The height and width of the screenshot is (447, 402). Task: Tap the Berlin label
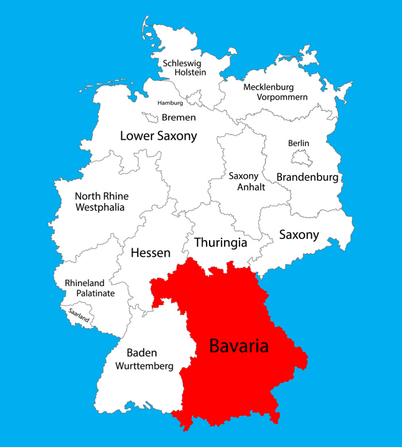click(299, 143)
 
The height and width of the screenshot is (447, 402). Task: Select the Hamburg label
click(171, 103)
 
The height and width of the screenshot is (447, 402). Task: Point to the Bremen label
click(179, 117)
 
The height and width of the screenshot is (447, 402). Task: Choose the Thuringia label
click(221, 242)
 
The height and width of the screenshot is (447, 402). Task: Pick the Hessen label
click(150, 253)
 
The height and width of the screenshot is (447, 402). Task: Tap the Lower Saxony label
click(159, 136)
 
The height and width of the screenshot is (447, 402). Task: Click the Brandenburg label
click(307, 177)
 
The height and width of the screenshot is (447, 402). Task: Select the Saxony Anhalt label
click(243, 182)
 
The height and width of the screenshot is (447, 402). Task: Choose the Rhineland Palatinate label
click(90, 288)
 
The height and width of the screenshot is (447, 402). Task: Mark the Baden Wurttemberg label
click(142, 359)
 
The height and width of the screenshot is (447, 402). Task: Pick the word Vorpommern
click(275, 97)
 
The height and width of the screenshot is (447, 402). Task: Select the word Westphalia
click(100, 207)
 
